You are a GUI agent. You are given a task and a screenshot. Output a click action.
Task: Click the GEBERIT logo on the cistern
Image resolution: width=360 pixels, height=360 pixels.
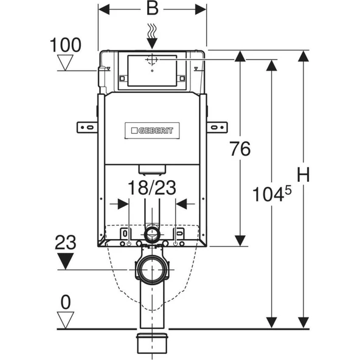[151, 130]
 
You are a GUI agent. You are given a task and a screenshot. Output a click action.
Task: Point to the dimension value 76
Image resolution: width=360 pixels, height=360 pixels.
[241, 150]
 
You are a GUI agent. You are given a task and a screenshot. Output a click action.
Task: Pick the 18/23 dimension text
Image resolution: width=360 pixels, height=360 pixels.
[152, 188]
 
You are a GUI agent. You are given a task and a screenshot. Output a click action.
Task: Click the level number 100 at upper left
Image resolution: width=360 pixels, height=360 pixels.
[65, 45]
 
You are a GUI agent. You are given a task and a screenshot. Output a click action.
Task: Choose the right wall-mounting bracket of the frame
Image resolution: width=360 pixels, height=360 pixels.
[216, 126]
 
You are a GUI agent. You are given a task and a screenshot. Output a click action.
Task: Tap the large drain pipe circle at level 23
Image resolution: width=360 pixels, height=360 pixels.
[152, 269]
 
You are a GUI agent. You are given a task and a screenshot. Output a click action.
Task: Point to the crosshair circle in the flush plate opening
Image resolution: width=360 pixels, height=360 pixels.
[152, 60]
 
